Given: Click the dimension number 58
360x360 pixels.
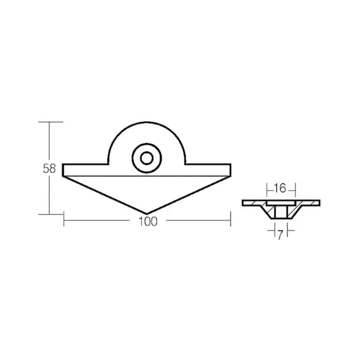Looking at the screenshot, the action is point(49,169).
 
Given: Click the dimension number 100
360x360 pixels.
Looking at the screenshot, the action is point(148,222).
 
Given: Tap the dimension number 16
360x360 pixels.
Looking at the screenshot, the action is point(280,188).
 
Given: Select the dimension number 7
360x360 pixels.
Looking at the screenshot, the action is point(280,235).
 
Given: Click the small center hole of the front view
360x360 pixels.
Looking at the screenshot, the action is point(147,158).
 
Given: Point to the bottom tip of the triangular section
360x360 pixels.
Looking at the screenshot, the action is point(147,213).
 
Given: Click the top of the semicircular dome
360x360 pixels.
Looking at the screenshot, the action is point(147,122).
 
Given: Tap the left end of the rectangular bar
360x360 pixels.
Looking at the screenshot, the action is point(63,170).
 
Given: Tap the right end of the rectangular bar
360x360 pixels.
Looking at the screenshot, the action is point(231,170).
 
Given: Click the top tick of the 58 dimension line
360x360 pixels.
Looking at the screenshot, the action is point(51,122).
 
